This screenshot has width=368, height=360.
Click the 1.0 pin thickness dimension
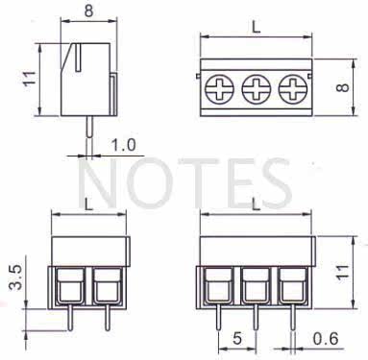[x=123, y=145]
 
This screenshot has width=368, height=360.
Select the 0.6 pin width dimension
[x=325, y=339]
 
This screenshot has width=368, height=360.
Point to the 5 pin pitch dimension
[x=237, y=339]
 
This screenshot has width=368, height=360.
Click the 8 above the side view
[x=88, y=11]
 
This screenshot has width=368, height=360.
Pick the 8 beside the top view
[x=342, y=87]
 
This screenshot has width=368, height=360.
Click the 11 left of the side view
[x=29, y=79]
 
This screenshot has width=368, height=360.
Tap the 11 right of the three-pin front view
[x=342, y=273]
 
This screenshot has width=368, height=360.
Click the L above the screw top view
[x=256, y=28]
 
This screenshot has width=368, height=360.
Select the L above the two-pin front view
[x=88, y=204]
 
